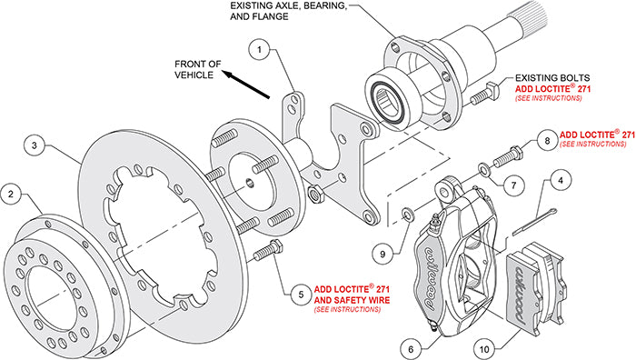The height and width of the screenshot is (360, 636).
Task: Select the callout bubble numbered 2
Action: pos(11,193)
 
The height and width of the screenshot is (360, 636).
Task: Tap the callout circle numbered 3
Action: pos(35,145)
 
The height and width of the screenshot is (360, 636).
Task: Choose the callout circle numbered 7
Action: pos(513,185)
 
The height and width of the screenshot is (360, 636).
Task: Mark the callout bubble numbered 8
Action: pos(544,142)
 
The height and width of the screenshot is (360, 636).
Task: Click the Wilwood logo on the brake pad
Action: pos(528,276)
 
